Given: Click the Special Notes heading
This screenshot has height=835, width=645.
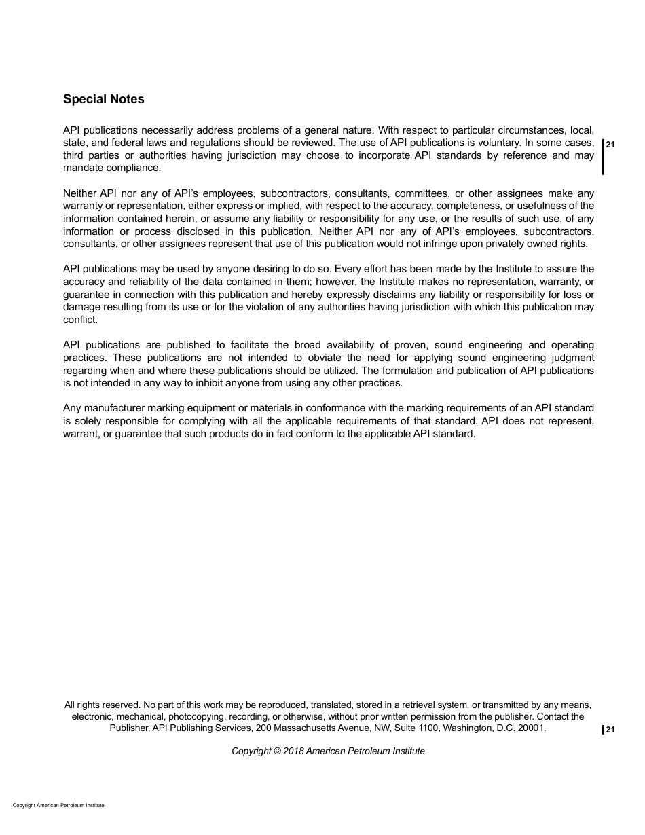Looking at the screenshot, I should (103, 99).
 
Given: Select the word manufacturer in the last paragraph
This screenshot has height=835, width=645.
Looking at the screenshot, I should (114, 408).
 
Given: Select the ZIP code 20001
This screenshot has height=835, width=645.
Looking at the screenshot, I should (532, 728).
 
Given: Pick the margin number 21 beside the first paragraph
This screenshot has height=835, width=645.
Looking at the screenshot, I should (610, 144).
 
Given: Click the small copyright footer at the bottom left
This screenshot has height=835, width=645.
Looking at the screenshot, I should (58, 805).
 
